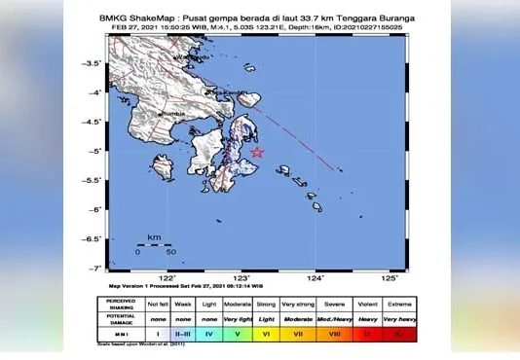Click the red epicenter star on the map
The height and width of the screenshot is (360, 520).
[x=257, y=152]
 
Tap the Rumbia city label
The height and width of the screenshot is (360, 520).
[x=173, y=115]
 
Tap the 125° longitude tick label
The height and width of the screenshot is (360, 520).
[x=390, y=277]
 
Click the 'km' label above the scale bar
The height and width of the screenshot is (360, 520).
[x=154, y=237]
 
